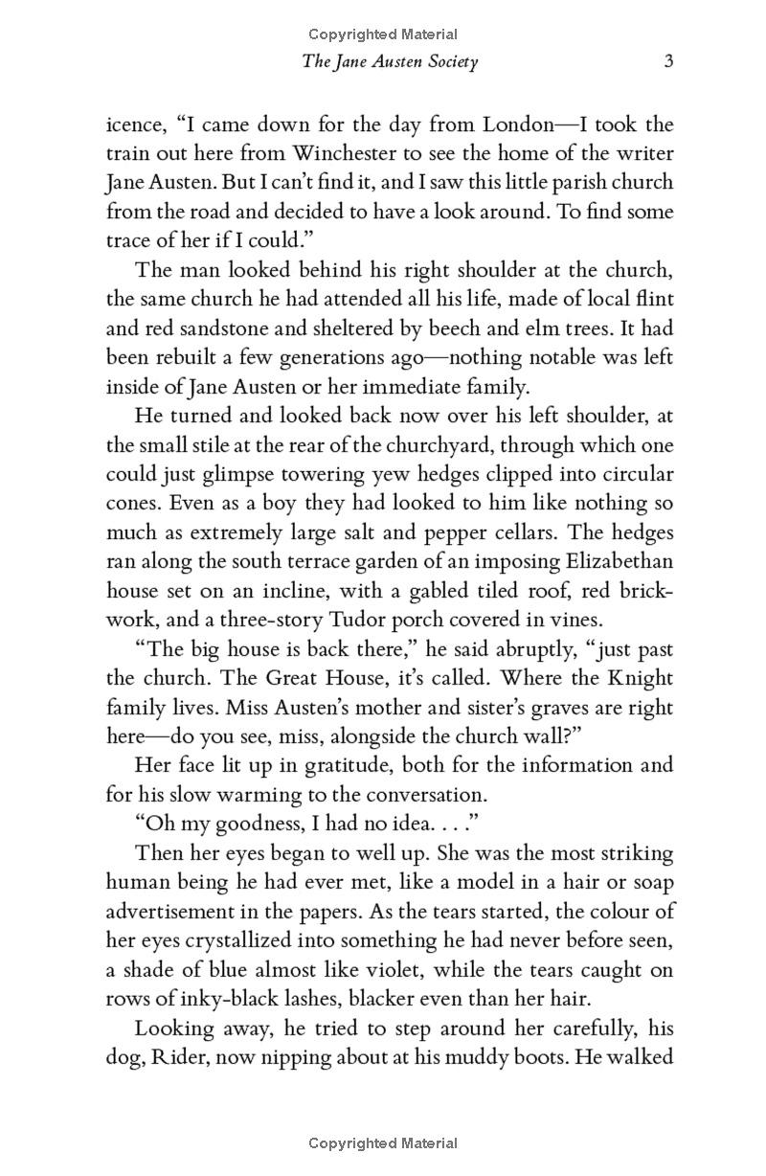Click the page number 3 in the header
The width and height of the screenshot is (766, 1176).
coord(669,62)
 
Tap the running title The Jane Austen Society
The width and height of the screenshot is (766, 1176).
coord(390,62)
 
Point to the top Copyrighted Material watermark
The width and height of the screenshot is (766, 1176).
coord(383,34)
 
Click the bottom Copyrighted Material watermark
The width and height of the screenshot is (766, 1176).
coord(383,1142)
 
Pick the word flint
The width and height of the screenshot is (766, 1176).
coord(652,299)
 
